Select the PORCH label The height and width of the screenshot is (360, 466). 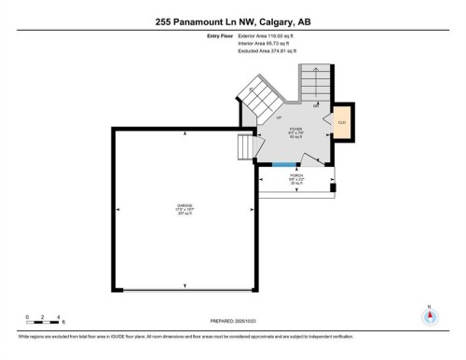click(295, 175)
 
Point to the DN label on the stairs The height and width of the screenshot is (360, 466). click(316, 105)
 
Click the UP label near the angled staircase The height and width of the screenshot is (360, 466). click(278, 119)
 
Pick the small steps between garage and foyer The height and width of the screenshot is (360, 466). click(246, 147)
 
